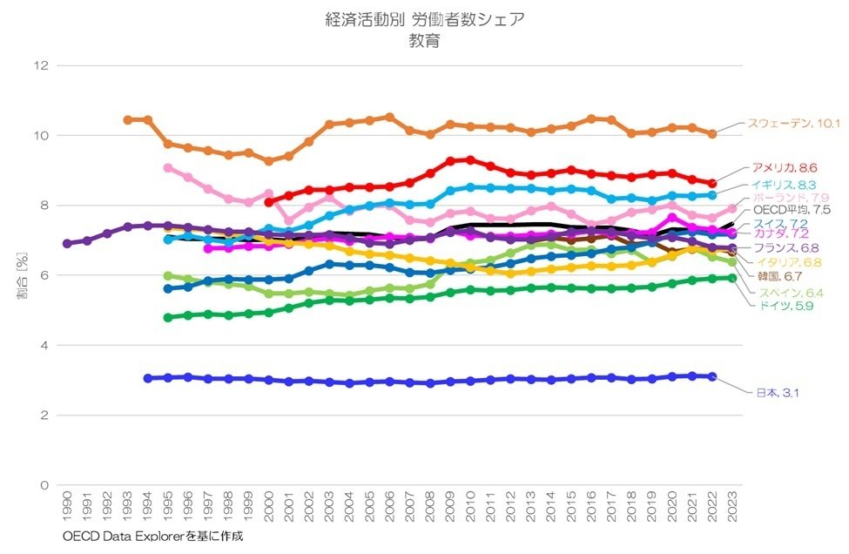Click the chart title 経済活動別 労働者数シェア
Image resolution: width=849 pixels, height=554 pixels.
(x=424, y=19)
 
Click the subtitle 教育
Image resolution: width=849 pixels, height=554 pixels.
(x=424, y=40)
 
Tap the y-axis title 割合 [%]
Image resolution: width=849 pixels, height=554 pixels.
(x=23, y=275)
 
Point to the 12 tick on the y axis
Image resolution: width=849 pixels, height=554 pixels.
(x=39, y=65)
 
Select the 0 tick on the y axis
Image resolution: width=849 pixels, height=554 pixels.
(x=43, y=485)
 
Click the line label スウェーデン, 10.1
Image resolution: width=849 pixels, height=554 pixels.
(x=792, y=124)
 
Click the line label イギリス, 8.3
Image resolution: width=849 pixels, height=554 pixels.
(x=786, y=186)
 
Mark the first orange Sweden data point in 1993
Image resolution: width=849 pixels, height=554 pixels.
(x=127, y=119)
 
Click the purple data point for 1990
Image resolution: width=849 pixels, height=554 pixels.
(x=67, y=243)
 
